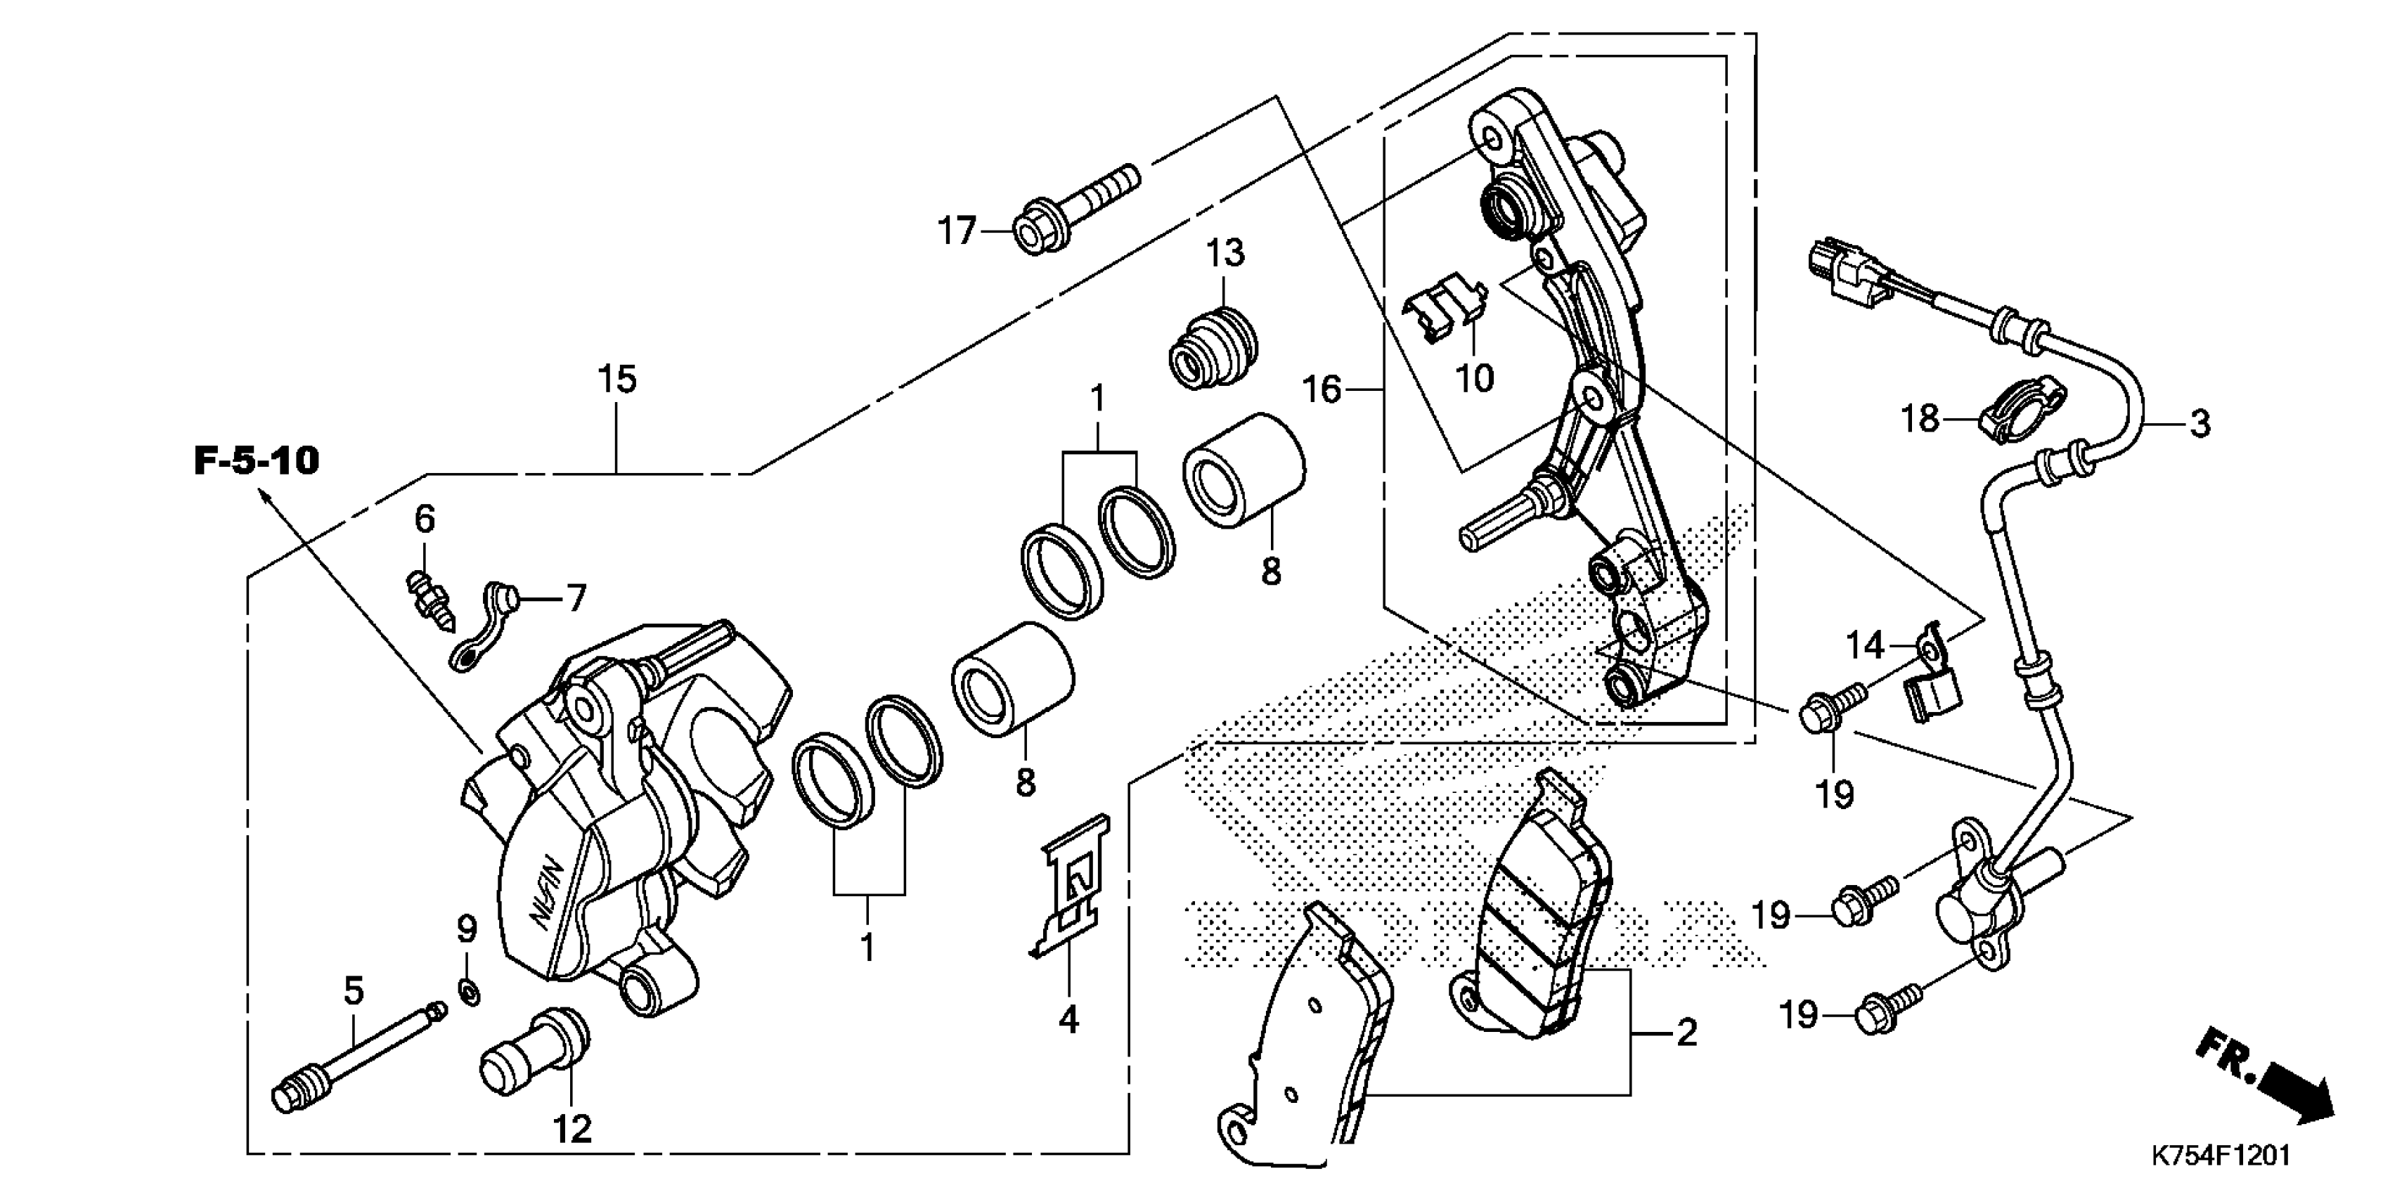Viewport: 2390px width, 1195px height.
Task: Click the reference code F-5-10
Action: click(x=256, y=461)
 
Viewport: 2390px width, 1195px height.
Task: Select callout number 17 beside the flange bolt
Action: click(x=957, y=230)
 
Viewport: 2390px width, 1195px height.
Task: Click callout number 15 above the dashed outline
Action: click(x=617, y=380)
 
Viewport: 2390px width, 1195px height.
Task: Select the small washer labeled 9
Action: click(x=470, y=995)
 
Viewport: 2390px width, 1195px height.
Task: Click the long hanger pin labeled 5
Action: click(x=357, y=1052)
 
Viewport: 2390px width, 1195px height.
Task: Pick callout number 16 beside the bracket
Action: click(x=1322, y=389)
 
